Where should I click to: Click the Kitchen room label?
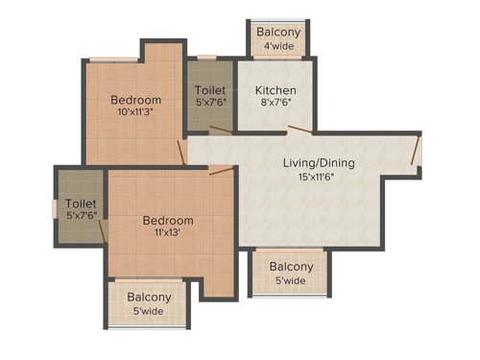coord(275,90)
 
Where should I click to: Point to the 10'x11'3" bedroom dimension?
coord(135,111)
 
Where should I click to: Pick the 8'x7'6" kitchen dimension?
coord(275,104)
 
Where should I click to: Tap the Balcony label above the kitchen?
coord(278,32)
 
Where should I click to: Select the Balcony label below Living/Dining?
coord(290,267)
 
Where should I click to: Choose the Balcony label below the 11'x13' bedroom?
coord(150,298)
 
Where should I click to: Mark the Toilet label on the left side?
coord(81,204)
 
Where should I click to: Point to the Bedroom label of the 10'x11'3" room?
coord(135,99)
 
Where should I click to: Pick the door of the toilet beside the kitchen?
coord(222,130)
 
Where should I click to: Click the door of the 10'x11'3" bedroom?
coord(182,152)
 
